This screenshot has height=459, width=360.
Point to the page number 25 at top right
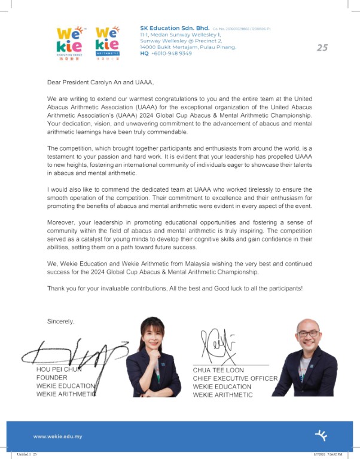pos(322,48)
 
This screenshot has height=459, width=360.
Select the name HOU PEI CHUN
pos(59,369)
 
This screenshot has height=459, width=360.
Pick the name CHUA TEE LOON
pos(218,370)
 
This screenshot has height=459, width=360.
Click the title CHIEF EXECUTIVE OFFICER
pos(235,378)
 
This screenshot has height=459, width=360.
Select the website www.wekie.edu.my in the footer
pos(58,436)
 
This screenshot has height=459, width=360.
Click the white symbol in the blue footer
pos(323,435)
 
